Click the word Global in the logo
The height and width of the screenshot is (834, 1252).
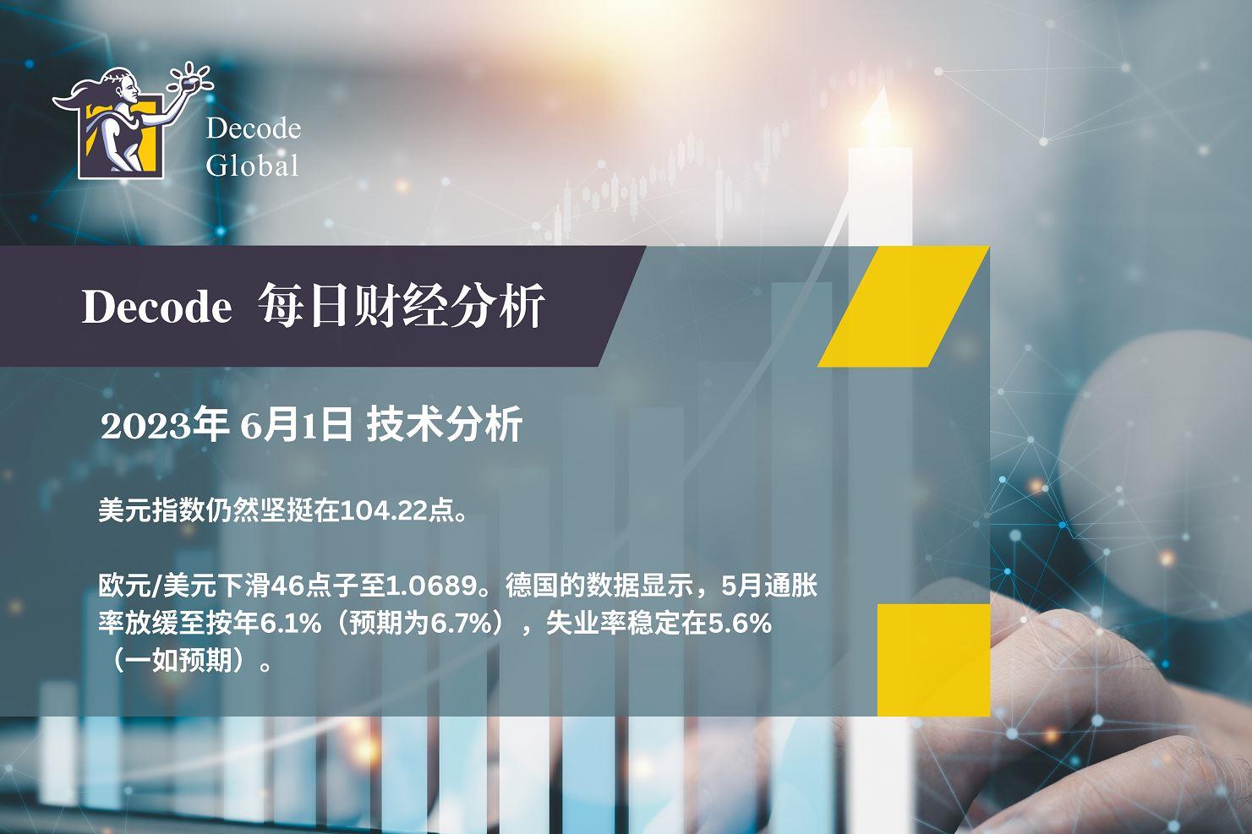253,165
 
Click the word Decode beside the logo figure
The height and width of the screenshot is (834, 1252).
254,129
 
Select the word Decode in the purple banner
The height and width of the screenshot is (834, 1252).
157,307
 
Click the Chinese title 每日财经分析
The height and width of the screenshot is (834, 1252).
402,306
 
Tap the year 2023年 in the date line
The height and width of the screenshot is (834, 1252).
163,426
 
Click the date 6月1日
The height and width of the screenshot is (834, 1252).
296,426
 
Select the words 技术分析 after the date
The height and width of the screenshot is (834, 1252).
445,425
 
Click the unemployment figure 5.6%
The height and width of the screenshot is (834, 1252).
740,624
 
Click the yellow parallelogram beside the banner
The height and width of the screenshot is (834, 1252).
903,306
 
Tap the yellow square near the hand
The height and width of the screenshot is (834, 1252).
933,660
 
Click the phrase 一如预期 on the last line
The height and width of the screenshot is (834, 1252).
178,661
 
